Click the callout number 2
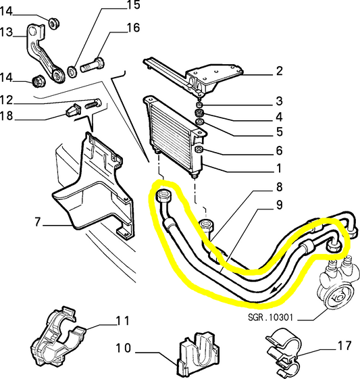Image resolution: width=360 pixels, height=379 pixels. point(280,71)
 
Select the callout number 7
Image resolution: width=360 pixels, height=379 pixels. point(37,222)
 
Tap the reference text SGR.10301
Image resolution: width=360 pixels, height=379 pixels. point(271,317)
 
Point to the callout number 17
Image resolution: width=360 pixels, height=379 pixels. point(344,346)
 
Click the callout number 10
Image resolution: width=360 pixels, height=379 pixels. point(123,348)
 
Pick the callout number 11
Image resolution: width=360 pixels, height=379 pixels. point(123,321)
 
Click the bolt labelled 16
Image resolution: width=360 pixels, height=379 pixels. point(93,65)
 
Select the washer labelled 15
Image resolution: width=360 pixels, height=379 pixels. point(72,72)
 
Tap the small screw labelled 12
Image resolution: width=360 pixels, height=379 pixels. point(93,104)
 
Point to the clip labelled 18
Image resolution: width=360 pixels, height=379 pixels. point(73,111)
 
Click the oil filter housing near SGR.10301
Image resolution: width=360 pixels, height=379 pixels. point(337,284)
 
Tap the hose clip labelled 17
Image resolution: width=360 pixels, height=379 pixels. point(283,352)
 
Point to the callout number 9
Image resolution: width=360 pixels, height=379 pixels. point(280,205)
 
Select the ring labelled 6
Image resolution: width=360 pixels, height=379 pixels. point(199,149)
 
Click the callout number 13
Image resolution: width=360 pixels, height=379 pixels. point(6,32)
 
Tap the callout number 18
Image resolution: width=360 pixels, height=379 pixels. point(6,116)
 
